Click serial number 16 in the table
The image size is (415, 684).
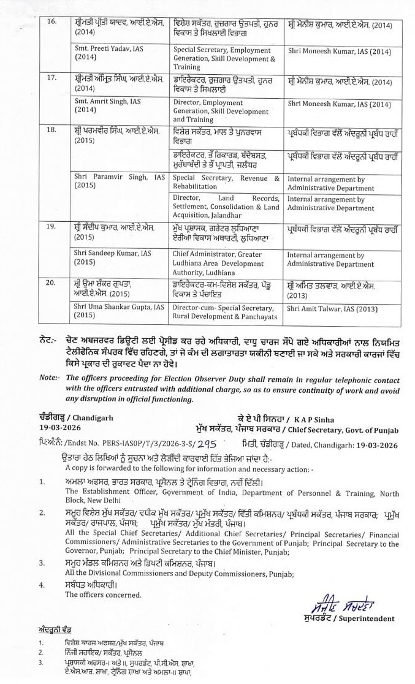coord(52,22)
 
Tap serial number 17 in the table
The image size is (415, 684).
coord(52,78)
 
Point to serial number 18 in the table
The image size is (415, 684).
coord(52,130)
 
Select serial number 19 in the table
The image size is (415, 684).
coord(52,227)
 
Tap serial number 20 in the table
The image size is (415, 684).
coord(52,283)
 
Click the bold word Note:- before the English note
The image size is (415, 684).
coord(49,377)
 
